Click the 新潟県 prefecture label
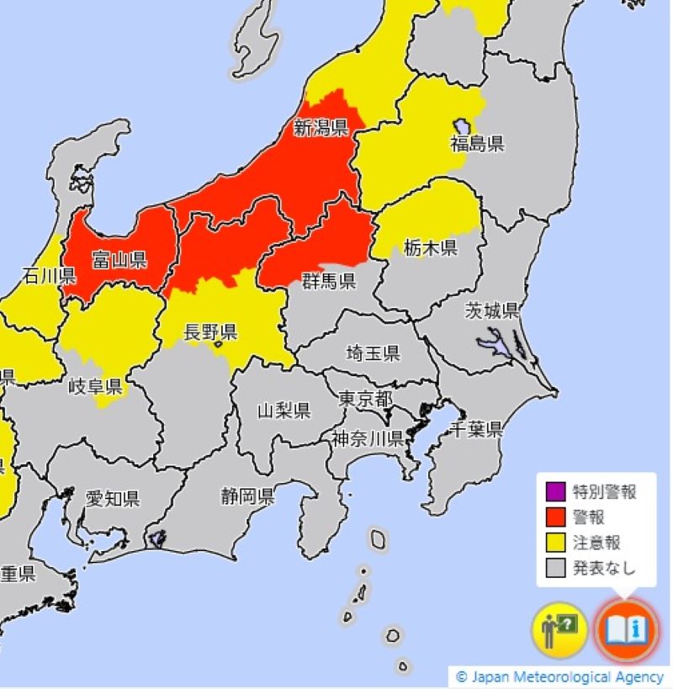(321, 128)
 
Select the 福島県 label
(477, 144)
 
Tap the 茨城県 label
(492, 310)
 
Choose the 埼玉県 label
(374, 353)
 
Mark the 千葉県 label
(475, 430)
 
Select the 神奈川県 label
(368, 438)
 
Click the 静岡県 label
(247, 496)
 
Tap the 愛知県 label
(112, 499)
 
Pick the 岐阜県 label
(95, 387)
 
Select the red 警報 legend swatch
(555, 517)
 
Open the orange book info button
(624, 628)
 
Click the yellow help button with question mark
(559, 629)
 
